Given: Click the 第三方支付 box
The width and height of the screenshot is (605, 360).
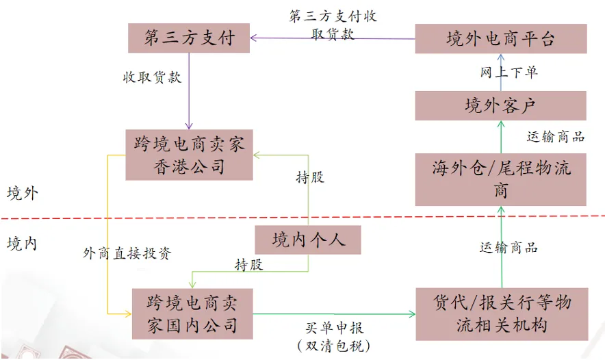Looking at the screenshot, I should coord(188,38).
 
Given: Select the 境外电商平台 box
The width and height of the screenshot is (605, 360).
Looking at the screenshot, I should coord(500,39).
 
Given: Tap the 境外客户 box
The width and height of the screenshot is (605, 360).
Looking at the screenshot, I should coord(500,105).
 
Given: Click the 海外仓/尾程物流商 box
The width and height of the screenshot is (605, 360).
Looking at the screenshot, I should coord(500,179).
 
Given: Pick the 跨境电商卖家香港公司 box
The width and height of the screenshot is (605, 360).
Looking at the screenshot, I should coord(189,155).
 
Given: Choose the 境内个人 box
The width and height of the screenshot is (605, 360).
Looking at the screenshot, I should coord(307,240).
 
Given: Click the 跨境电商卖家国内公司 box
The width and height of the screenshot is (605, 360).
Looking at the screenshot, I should coord(192,313).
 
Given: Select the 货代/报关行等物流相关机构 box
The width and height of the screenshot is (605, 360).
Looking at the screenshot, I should coord(501,313).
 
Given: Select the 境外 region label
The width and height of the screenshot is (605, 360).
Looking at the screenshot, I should coord(23,193).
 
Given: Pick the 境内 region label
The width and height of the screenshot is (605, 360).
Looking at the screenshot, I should coord(23,243).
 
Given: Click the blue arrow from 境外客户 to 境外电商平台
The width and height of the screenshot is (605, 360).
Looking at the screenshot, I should coord(500,80).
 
